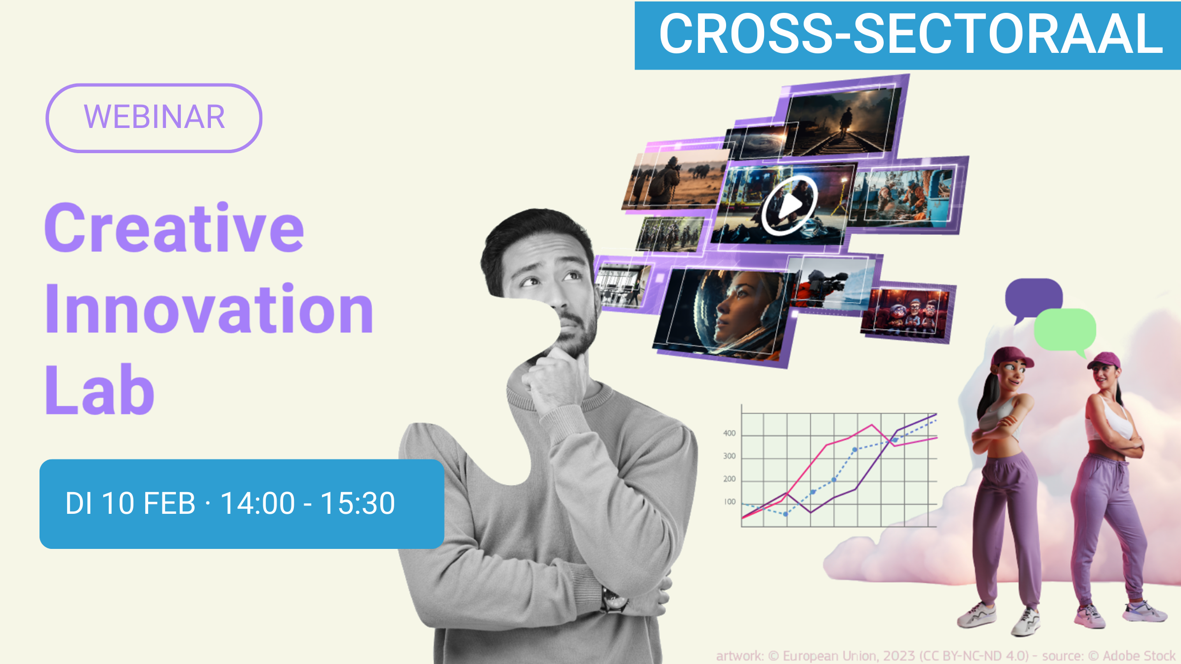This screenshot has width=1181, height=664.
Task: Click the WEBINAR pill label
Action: coord(154,118)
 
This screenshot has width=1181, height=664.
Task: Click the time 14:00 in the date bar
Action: coord(257,503)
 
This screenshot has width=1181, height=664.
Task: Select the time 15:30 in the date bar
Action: coord(358,503)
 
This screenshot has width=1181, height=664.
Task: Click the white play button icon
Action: coord(789,205)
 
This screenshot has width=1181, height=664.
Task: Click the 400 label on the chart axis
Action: coord(729,433)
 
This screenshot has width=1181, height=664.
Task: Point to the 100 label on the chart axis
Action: coord(730,502)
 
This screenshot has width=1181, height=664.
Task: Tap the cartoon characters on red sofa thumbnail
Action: coord(906,314)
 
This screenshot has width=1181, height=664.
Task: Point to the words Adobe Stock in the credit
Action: coord(1139,656)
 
